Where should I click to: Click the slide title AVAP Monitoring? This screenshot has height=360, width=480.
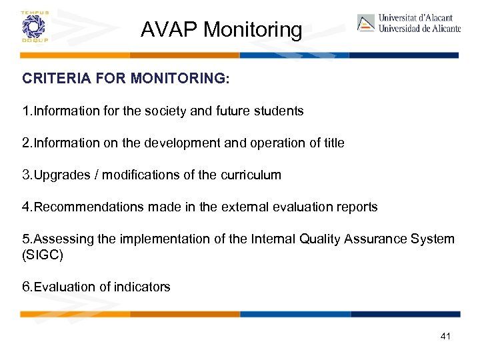(x=221, y=29)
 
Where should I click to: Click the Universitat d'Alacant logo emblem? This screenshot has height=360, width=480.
(x=365, y=23)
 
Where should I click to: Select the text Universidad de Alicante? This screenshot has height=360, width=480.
(x=419, y=29)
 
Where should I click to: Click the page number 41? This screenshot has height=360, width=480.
(x=445, y=336)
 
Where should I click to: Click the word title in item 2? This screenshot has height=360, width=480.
(x=333, y=143)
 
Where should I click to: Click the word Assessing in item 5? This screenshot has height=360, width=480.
(x=60, y=239)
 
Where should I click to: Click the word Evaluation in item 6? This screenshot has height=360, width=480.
(x=64, y=287)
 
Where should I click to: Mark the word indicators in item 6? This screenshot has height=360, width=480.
(x=143, y=287)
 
